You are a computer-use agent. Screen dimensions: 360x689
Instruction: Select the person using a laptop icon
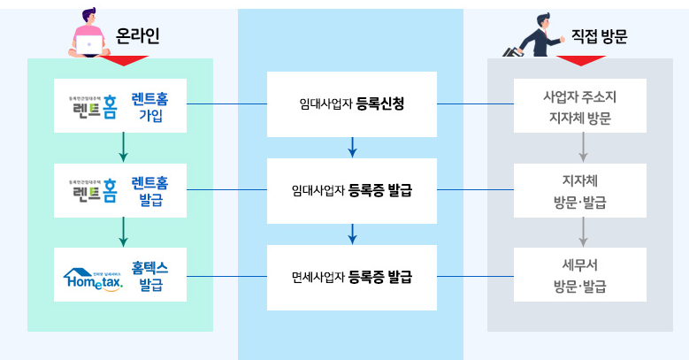89,33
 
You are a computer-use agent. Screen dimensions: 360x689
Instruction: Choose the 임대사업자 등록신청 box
352,104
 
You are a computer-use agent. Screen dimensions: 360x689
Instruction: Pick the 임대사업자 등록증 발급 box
352,190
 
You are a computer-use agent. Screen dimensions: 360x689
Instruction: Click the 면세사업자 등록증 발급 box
352,277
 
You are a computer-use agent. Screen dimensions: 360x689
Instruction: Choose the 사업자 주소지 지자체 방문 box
579,105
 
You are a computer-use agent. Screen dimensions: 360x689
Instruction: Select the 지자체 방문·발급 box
579,190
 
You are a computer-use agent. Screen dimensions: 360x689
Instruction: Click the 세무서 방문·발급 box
579,275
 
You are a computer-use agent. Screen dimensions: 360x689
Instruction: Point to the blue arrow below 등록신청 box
352,147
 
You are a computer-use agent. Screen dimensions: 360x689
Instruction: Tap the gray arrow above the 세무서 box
583,233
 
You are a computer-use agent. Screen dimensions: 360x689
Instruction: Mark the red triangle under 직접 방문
580,61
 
